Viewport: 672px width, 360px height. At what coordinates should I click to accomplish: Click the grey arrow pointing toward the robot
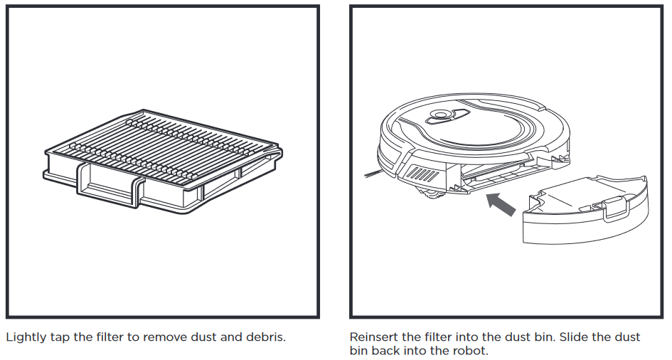501,204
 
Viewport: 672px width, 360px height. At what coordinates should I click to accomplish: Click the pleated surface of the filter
164,146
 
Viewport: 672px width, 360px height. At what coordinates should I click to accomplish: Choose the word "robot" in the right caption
470,351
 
